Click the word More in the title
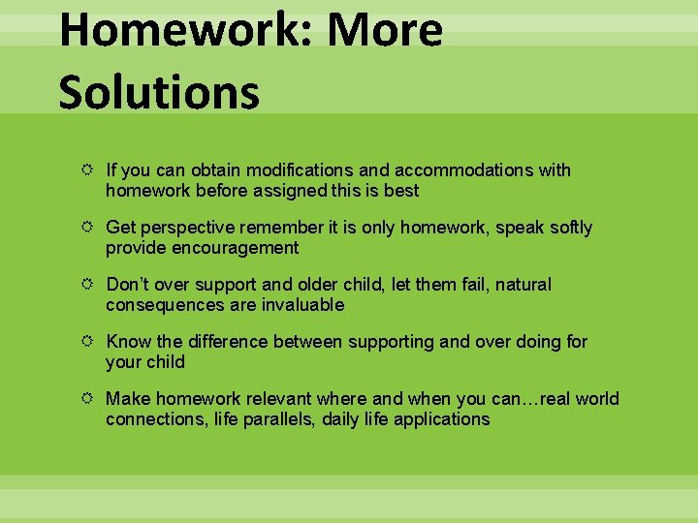click(385, 31)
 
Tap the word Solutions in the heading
click(159, 93)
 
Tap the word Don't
click(128, 285)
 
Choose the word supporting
click(371, 342)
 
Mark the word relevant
click(276, 399)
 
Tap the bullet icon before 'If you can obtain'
click(88, 170)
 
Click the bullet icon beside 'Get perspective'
click(88, 228)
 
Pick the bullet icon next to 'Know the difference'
click(88, 342)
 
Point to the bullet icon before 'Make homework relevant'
click(88, 399)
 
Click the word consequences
click(158, 305)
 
